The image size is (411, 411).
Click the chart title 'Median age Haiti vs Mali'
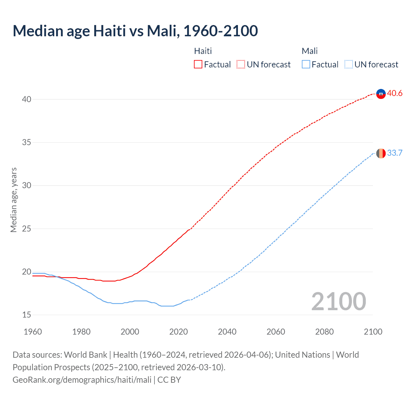(135, 31)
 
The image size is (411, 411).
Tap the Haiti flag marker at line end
(381, 94)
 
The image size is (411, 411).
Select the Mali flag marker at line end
(381, 153)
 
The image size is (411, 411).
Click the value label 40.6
(395, 93)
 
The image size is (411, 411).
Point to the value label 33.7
(395, 153)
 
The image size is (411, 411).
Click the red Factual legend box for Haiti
(198, 65)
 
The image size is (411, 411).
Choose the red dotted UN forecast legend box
(241, 65)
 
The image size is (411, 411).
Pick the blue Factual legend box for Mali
(306, 65)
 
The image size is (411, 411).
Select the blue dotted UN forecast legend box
(348, 65)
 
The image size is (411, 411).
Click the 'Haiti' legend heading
(203, 51)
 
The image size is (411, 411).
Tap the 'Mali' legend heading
(310, 51)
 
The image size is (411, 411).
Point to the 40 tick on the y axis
(26, 100)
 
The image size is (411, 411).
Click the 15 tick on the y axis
(26, 315)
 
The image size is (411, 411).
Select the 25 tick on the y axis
(26, 229)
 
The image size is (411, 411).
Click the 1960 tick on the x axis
(33, 332)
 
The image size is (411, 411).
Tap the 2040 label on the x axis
(227, 332)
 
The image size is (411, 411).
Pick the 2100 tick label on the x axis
(373, 332)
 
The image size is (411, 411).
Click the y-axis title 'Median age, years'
(13, 200)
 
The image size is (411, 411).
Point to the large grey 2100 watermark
(338, 302)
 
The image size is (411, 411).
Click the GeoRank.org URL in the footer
(82, 380)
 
